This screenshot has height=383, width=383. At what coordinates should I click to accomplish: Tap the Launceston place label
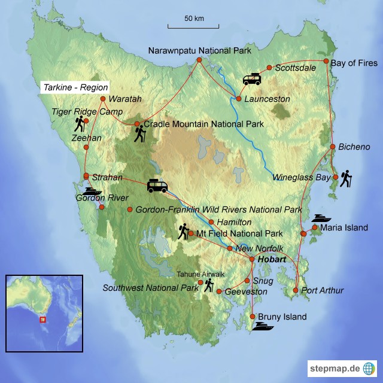[268, 99]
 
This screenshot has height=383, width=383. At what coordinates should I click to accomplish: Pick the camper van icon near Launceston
[251, 79]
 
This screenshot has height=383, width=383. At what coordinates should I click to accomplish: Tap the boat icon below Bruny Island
[264, 326]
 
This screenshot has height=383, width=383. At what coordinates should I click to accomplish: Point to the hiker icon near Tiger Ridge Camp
[80, 124]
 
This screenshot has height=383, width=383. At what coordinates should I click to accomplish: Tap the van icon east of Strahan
[157, 186]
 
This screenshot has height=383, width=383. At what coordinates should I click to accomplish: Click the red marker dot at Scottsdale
[269, 68]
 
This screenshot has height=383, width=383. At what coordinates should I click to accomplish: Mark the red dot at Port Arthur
[296, 291]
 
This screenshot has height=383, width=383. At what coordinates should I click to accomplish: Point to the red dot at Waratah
[104, 99]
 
